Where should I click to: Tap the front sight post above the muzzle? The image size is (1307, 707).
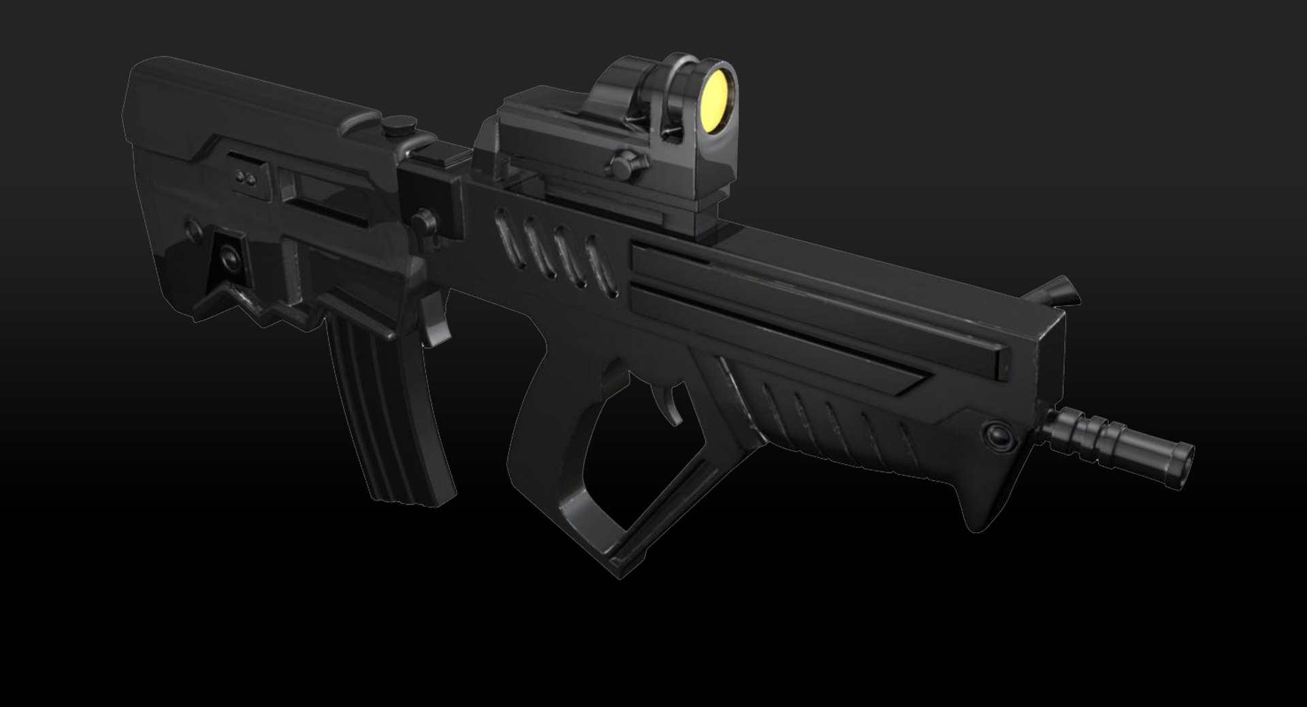pyautogui.click(x=1057, y=292)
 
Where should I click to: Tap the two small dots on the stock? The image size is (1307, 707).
pyautogui.click(x=244, y=178)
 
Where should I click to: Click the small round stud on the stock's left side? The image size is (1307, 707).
pyautogui.click(x=191, y=225)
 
